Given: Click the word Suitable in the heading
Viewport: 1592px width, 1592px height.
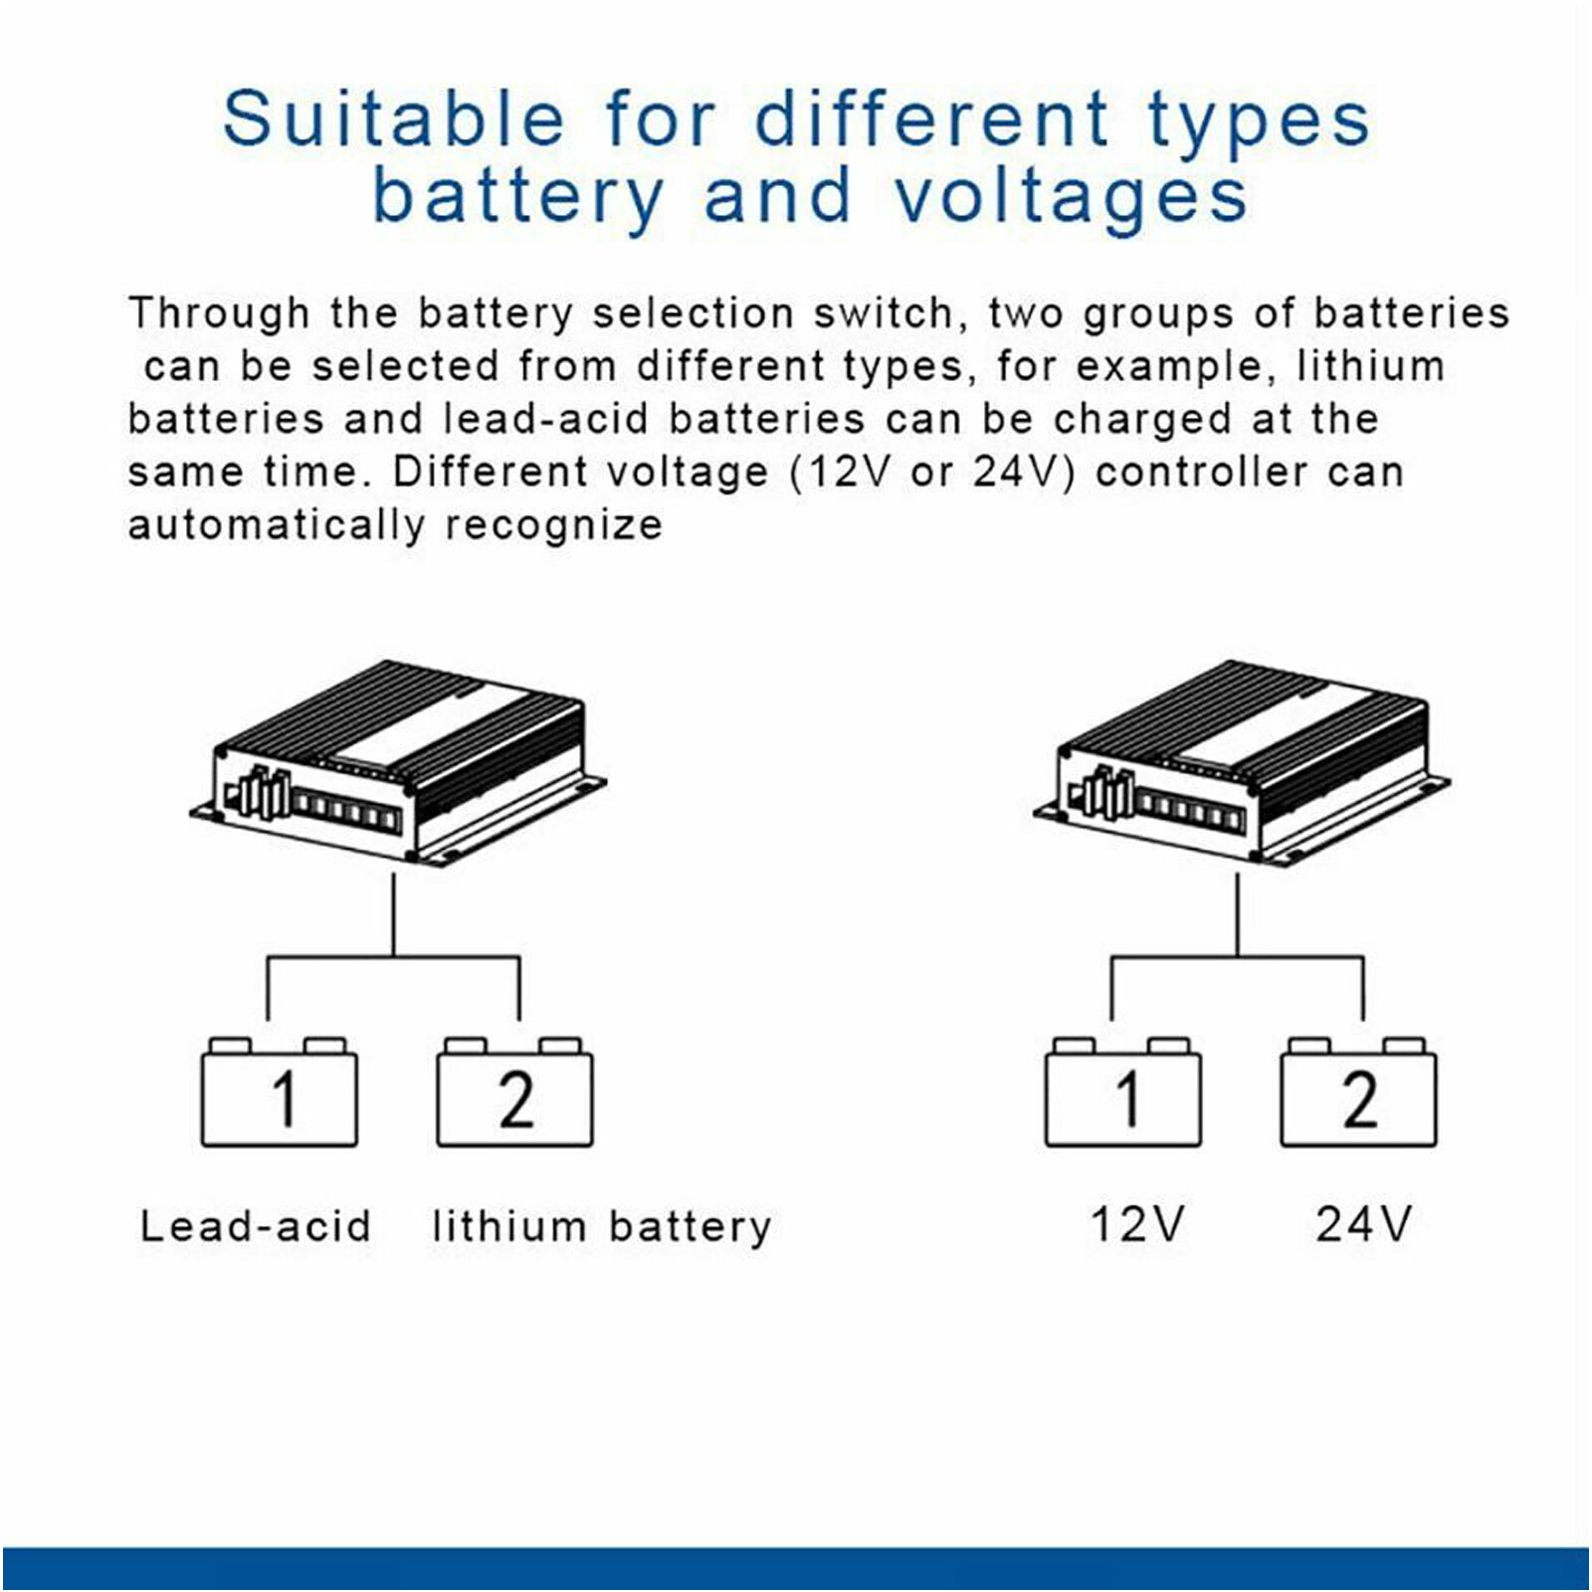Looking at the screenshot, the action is pos(394,119).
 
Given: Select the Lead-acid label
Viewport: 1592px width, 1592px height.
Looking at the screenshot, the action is pos(256,1226).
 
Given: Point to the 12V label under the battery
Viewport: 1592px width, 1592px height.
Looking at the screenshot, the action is pos(1137,1225).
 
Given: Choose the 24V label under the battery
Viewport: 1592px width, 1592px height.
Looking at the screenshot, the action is pos(1364,1225).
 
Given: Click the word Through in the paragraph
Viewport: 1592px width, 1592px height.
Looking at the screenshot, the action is pos(219,313).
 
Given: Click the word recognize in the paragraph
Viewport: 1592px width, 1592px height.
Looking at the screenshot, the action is pos(553,525).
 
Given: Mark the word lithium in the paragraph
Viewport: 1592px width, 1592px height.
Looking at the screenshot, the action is pos(1370,366).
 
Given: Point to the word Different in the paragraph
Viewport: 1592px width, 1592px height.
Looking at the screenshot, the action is pos(481,472).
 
